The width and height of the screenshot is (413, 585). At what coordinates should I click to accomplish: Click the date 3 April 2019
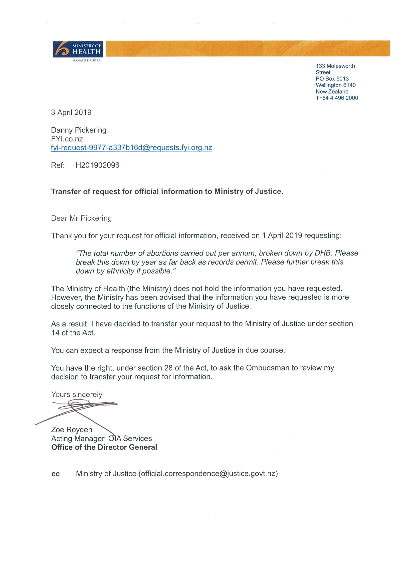pos(71,112)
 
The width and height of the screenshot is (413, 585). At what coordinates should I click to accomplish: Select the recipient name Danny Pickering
pos(79,130)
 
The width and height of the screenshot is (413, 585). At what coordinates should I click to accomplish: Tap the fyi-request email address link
pos(131,148)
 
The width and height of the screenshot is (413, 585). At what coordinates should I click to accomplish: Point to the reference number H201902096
pos(97,165)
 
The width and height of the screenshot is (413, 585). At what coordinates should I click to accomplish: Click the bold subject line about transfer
pos(167,191)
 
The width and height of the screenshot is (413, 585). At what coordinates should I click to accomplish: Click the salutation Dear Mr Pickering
pos(81,218)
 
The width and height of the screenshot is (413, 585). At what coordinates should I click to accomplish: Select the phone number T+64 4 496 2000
pos(337,98)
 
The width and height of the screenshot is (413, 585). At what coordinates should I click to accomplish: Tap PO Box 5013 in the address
pos(332,79)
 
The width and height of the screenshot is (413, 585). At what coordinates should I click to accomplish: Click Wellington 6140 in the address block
pos(335,85)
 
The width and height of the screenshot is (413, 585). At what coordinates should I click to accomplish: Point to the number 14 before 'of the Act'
pos(55,333)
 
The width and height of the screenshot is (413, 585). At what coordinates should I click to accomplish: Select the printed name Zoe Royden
pos(72,429)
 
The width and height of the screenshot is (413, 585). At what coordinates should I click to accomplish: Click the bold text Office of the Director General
pos(104,447)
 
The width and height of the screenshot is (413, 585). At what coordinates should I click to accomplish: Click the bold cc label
pos(55,474)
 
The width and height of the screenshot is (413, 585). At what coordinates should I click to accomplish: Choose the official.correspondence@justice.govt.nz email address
pos(208,474)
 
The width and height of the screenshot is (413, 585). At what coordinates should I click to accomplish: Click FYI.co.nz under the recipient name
pos(67,139)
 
